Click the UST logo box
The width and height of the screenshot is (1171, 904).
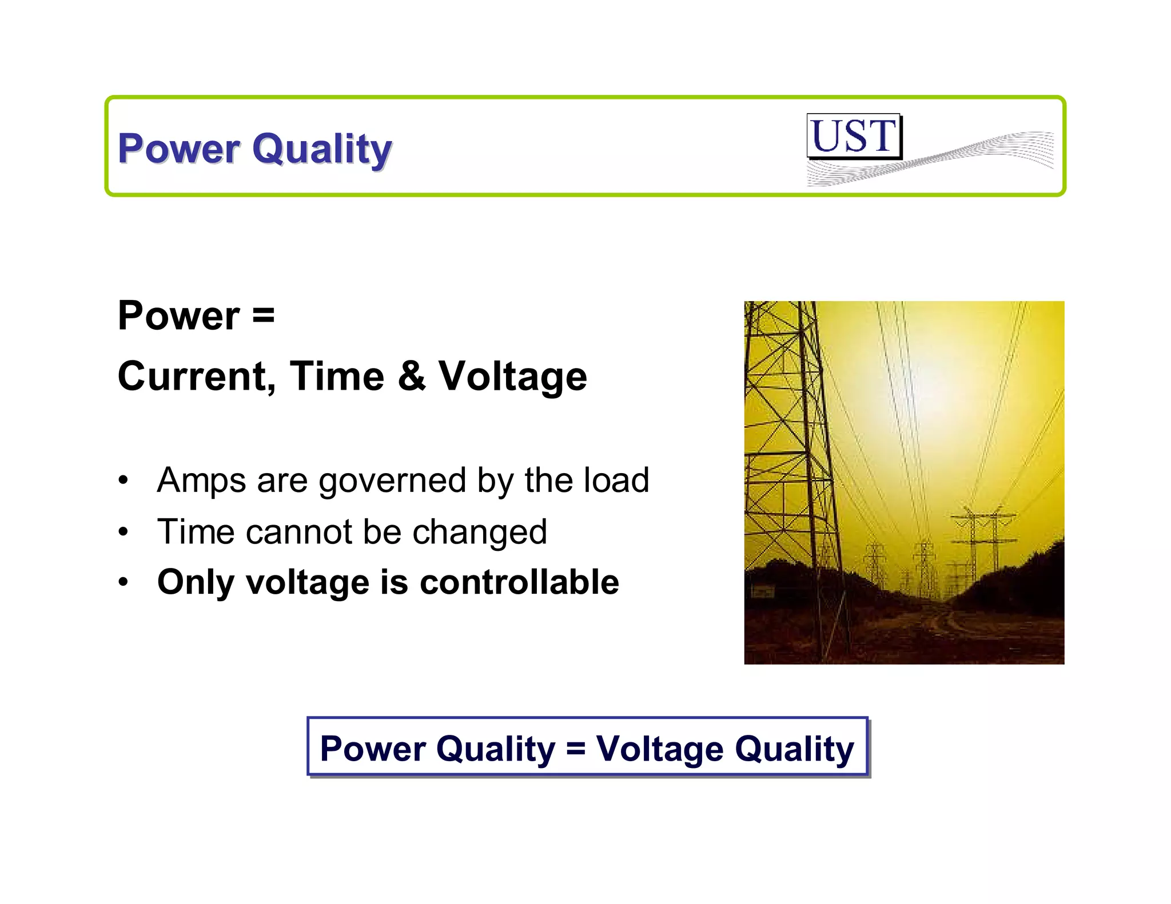(x=854, y=136)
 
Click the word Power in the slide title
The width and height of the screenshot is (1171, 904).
(x=179, y=148)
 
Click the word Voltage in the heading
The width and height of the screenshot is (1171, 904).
(x=512, y=377)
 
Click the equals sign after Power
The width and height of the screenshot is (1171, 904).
(x=263, y=315)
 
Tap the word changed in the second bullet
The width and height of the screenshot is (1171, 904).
(x=480, y=533)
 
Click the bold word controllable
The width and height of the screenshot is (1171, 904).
(x=519, y=582)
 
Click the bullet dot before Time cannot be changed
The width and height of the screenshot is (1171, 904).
(x=124, y=532)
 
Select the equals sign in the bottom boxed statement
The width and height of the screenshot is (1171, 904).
(x=576, y=748)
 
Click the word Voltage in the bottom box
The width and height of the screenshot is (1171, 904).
(x=659, y=748)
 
